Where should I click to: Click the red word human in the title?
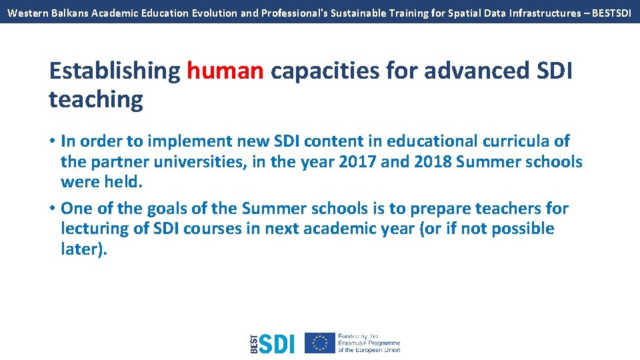(225, 71)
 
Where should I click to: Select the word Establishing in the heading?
(115, 71)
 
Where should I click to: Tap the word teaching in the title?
(96, 99)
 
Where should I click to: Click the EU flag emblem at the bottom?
(319, 343)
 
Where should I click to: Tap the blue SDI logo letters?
(276, 343)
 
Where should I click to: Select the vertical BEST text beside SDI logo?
(253, 343)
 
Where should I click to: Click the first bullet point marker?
(52, 141)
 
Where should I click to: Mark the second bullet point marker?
(52, 209)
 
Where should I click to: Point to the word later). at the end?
(83, 249)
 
